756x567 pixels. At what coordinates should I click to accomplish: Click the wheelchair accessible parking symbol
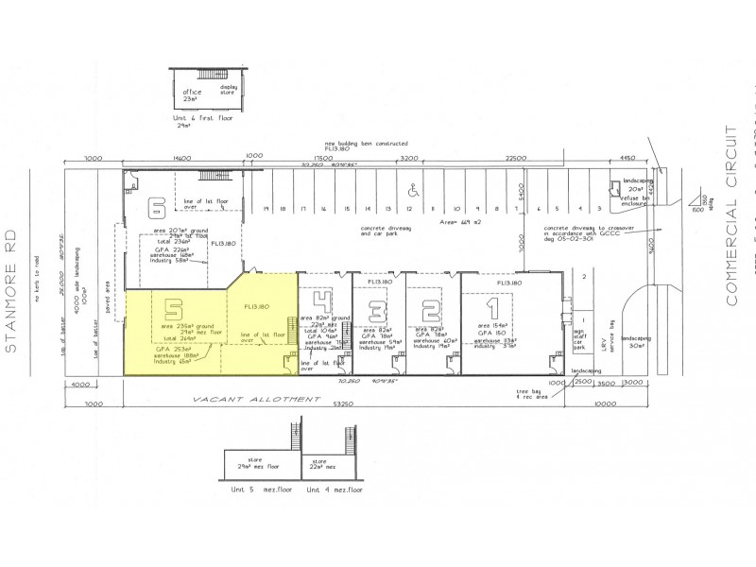[x=412, y=187]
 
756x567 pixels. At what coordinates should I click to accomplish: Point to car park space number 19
[x=267, y=209]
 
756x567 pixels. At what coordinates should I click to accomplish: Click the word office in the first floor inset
[x=193, y=92]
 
